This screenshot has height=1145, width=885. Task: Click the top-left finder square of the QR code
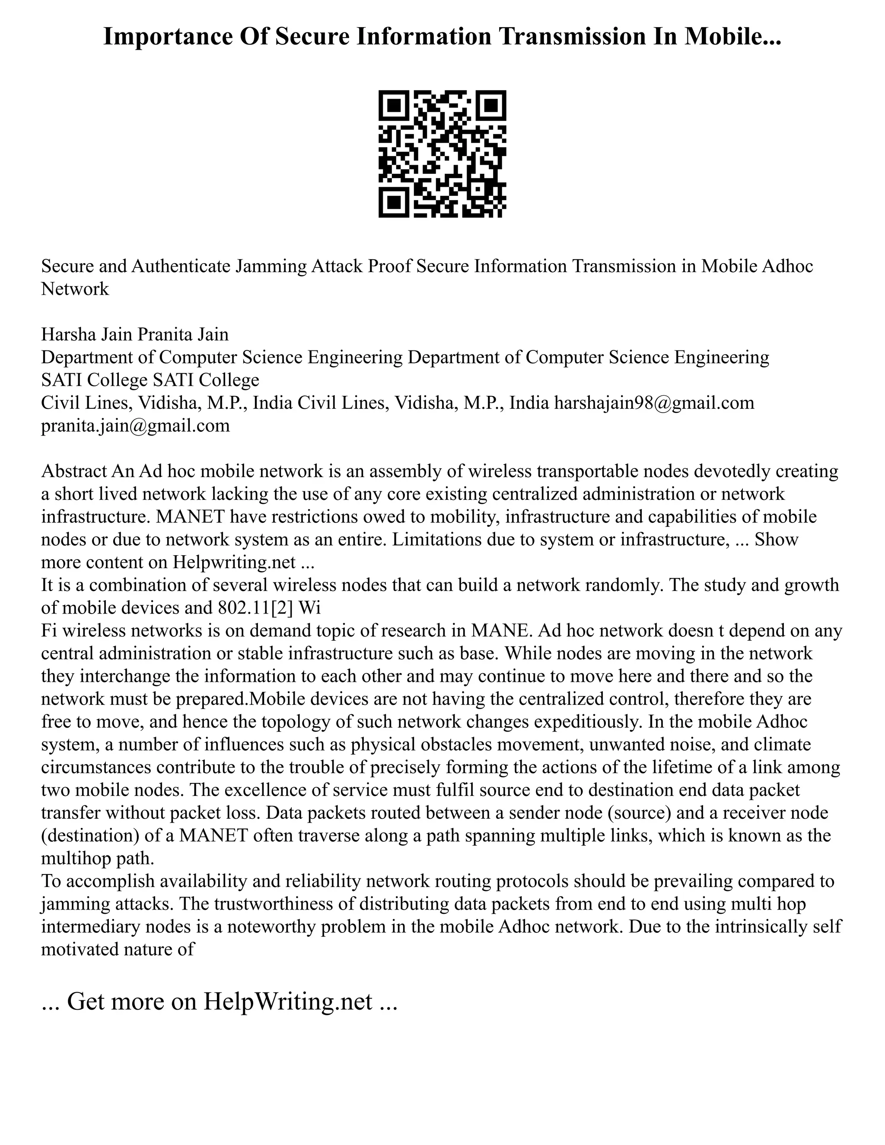point(394,105)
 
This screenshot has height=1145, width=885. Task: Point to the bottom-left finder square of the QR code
point(394,202)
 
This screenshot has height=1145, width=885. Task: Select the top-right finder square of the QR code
point(491,105)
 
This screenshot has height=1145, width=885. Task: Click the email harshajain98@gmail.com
point(654,403)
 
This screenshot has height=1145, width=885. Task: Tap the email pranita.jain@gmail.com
point(135,425)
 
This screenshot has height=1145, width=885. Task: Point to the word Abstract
point(74,471)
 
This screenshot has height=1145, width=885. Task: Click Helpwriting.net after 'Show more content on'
point(234,562)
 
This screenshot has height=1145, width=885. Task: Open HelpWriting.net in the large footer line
point(288,1002)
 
